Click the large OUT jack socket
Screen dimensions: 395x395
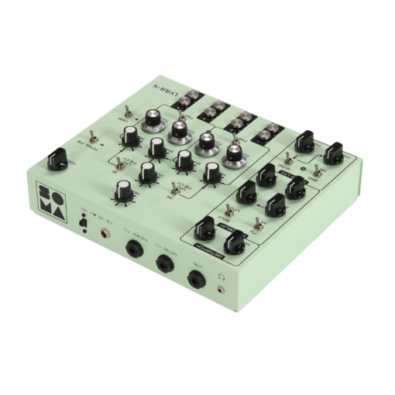coord(197,280)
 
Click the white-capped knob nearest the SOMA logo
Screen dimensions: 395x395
coord(124,188)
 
